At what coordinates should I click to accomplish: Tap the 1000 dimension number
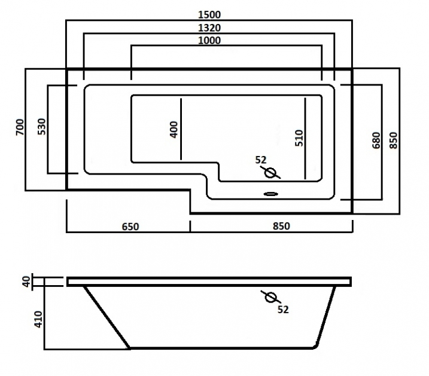[x=208, y=41]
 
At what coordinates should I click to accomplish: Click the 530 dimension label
[x=41, y=127]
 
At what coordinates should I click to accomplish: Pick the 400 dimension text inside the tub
[x=174, y=130]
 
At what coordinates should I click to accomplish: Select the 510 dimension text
[x=299, y=138]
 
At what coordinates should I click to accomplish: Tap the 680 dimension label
[x=376, y=140]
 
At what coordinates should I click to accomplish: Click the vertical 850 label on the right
[x=393, y=140]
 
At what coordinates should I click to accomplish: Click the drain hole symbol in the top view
[x=270, y=173]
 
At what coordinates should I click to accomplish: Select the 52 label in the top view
[x=260, y=160]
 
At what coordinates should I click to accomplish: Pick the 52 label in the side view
[x=283, y=310]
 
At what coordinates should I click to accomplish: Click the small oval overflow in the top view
[x=271, y=194]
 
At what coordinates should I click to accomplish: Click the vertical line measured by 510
[x=306, y=137]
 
